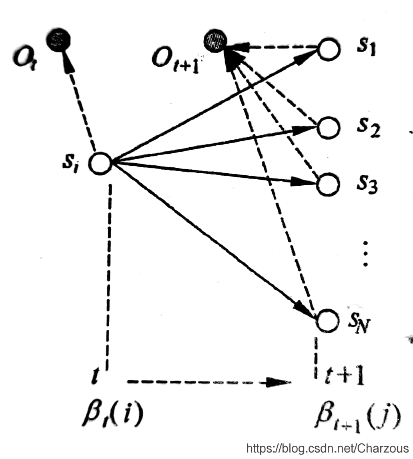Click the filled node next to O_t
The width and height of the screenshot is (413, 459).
pyautogui.click(x=58, y=39)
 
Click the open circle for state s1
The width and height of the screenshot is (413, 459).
pyautogui.click(x=329, y=49)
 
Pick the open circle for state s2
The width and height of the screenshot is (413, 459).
pyautogui.click(x=329, y=127)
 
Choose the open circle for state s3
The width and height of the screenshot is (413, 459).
pyautogui.click(x=328, y=184)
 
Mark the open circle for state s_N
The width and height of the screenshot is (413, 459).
pyautogui.click(x=327, y=320)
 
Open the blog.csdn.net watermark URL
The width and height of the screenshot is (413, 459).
pyautogui.click(x=327, y=448)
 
